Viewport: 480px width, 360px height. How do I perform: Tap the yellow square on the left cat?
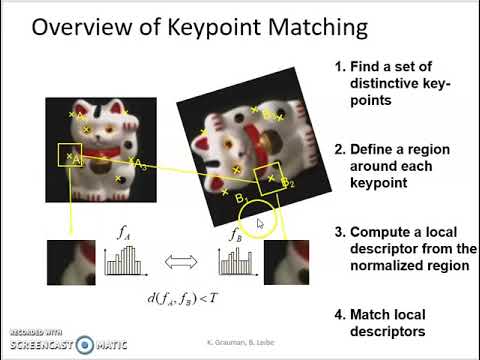click(x=69, y=156)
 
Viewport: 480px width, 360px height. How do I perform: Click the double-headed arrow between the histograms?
click(x=181, y=262)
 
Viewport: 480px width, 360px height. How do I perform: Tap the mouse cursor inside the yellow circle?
click(x=260, y=223)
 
